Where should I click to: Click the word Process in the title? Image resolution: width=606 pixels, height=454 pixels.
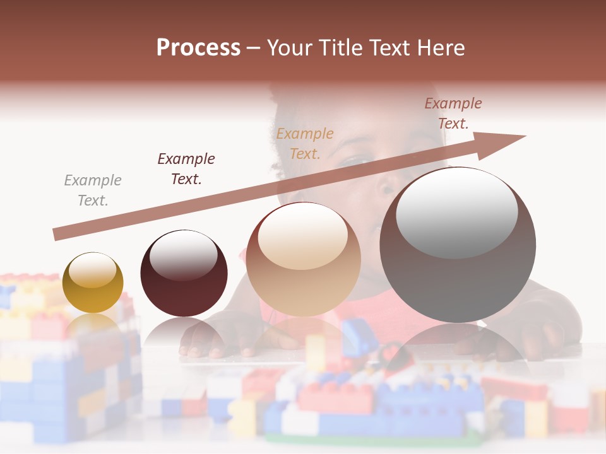pos(198,48)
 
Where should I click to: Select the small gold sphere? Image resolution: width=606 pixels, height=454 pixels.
pos(93,282)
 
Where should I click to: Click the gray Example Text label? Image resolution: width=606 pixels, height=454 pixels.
pos(93,190)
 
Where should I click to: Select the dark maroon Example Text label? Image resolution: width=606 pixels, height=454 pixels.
pos(186,169)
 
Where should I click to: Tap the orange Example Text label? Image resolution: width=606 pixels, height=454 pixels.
pos(305,143)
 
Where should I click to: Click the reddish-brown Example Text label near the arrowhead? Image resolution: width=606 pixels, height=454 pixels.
pos(453,113)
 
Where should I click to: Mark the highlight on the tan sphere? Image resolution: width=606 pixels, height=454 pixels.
pos(303,235)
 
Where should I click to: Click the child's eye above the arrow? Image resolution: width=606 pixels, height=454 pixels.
pos(358,161)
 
